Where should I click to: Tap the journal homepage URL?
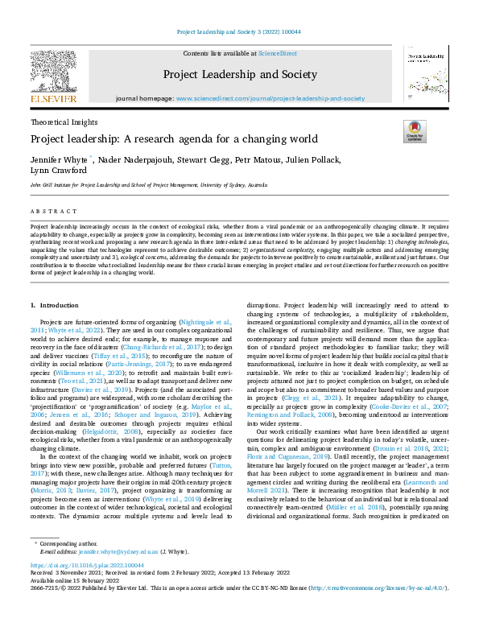[270, 98]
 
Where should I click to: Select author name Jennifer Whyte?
[60, 160]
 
